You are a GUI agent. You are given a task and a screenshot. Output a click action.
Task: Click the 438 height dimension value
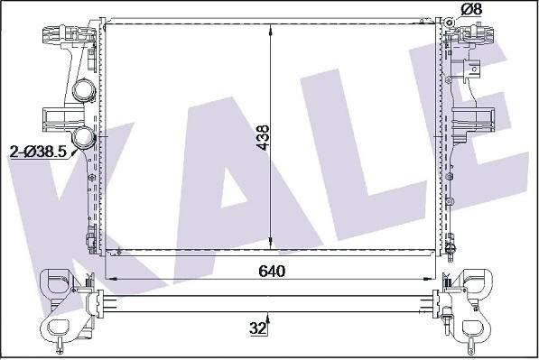(x=264, y=137)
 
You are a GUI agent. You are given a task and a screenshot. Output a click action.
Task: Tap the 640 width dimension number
(x=272, y=272)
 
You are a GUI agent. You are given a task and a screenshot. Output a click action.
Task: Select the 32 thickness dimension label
(x=258, y=328)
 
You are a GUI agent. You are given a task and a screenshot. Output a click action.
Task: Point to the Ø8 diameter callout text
(x=471, y=9)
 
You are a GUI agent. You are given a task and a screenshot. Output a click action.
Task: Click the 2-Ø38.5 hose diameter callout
(x=38, y=152)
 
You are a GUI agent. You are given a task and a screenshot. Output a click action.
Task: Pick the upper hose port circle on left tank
(x=82, y=90)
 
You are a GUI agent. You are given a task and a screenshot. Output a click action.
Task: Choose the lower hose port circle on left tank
(x=83, y=137)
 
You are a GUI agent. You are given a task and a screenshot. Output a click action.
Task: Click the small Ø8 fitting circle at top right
(x=449, y=23)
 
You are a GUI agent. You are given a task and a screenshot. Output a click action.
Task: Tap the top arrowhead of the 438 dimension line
(x=271, y=31)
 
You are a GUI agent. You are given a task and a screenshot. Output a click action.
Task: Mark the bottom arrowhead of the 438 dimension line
(x=271, y=242)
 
